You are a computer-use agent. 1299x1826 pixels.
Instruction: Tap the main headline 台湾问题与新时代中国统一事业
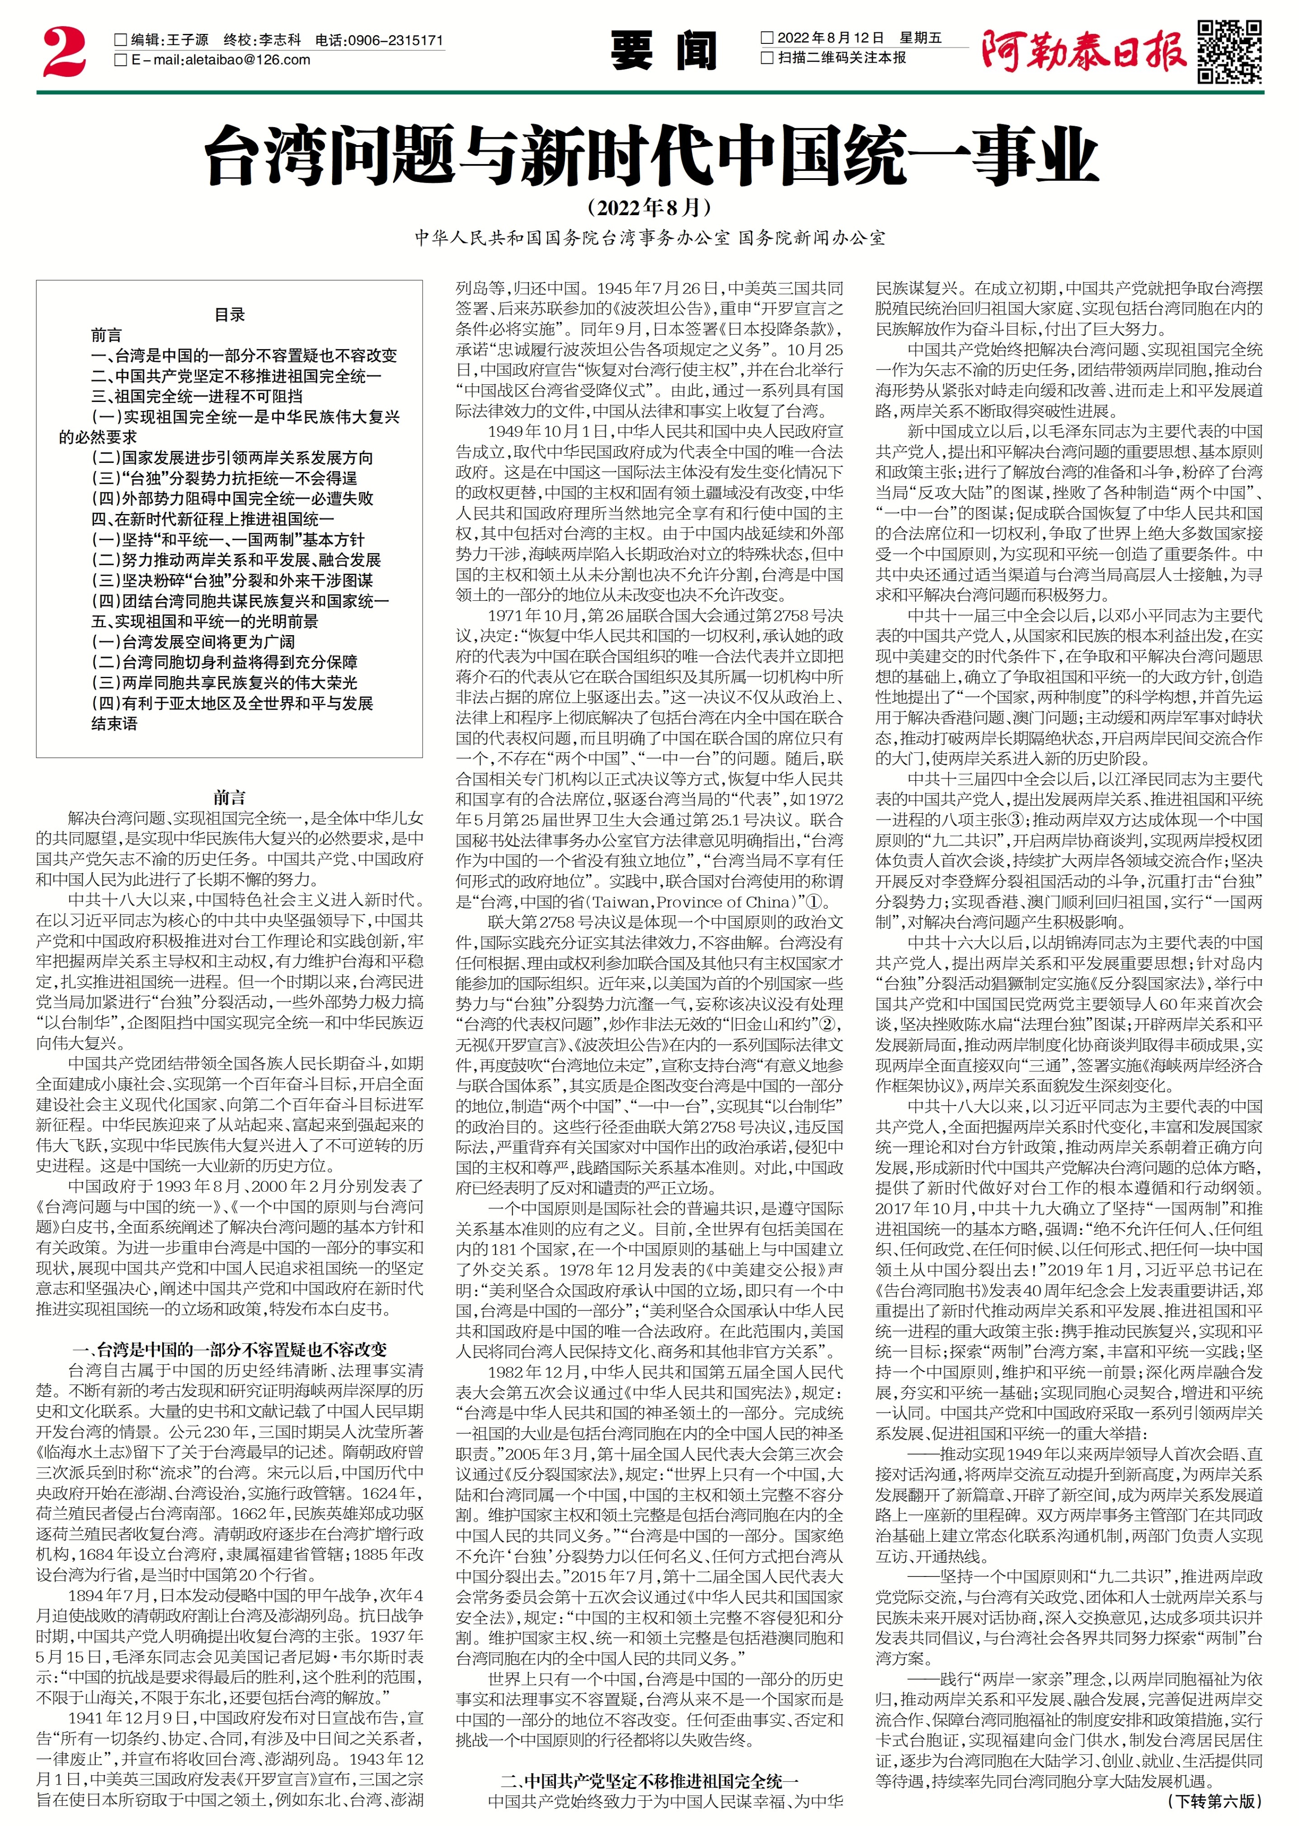pos(649,156)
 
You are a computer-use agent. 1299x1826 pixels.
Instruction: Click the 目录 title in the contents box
pos(230,314)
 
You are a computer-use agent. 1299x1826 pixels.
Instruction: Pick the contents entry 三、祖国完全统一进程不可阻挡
pos(197,396)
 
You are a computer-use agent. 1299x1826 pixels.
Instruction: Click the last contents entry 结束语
pos(114,724)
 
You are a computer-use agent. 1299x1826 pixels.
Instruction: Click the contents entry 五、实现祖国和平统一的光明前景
pos(205,622)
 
